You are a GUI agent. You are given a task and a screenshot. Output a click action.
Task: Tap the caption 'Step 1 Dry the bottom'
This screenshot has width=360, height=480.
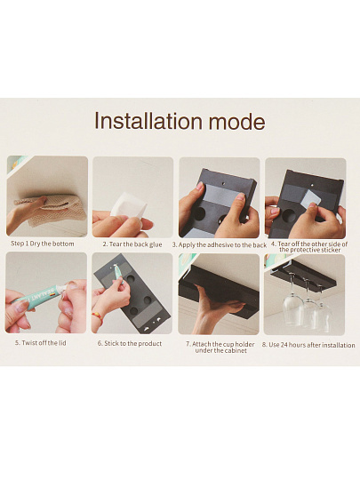[43, 244]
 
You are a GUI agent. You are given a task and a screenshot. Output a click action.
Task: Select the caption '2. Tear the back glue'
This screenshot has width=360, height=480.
[132, 244]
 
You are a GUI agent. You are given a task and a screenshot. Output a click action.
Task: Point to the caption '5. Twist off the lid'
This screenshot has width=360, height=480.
[41, 343]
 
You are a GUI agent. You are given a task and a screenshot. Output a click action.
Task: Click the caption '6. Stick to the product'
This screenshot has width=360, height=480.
[130, 343]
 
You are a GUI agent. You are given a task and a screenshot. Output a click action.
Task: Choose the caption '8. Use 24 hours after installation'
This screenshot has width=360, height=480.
[308, 345]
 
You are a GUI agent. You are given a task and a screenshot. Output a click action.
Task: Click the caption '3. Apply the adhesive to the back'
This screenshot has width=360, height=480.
[220, 245]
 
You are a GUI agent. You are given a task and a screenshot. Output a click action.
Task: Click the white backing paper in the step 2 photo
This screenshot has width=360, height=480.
[128, 205]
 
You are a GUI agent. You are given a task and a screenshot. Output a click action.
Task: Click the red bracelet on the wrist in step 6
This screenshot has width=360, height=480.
[98, 316]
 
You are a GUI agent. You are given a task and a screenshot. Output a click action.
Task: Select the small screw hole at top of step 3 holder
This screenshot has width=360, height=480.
[223, 184]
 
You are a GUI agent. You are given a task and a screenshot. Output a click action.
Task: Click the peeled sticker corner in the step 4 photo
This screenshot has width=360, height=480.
[311, 196]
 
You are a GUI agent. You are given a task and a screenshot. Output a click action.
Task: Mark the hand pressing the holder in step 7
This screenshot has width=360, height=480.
[219, 308]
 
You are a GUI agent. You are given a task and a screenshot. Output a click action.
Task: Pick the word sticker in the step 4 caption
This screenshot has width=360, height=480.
[331, 250]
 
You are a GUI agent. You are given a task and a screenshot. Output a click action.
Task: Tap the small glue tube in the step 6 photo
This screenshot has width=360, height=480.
[118, 272]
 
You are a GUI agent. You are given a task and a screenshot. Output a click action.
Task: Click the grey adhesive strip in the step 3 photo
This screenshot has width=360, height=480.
[220, 195]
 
